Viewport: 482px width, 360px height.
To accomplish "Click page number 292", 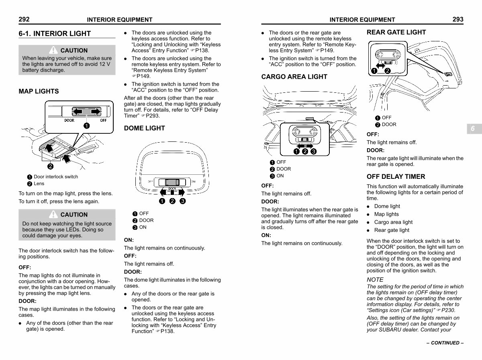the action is tap(24, 19).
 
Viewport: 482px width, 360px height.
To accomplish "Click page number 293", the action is tap(458, 19).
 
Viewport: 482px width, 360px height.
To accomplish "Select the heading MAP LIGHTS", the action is tap(39, 91).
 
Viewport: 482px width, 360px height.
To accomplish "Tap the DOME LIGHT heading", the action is tap(144, 128).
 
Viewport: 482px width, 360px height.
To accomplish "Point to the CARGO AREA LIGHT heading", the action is tap(294, 77).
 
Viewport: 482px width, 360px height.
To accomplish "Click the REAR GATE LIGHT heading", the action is tap(396, 32).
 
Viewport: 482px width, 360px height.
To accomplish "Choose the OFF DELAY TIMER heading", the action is tap(396, 176).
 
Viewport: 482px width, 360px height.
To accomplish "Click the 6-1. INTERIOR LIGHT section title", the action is tap(55, 34).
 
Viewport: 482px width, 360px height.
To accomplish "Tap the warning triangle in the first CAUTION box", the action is tap(53, 50).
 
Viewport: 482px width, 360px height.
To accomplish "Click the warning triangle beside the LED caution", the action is tap(53, 214).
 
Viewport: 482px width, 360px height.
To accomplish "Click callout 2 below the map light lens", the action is tap(50, 166).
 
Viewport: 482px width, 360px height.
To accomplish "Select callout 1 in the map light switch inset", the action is tap(87, 126).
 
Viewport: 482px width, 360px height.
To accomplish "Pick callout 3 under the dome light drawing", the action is tap(182, 201).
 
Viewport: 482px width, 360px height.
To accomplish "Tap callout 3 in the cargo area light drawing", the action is tap(314, 151).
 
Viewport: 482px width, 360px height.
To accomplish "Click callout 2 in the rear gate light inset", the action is tap(388, 71).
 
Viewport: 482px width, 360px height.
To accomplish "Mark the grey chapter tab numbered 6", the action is tap(474, 129).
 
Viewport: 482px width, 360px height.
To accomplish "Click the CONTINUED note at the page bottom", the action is tap(445, 343).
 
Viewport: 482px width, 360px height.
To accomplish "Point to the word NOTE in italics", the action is tap(375, 280).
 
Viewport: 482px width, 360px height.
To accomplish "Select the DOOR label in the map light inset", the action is tap(69, 121).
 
